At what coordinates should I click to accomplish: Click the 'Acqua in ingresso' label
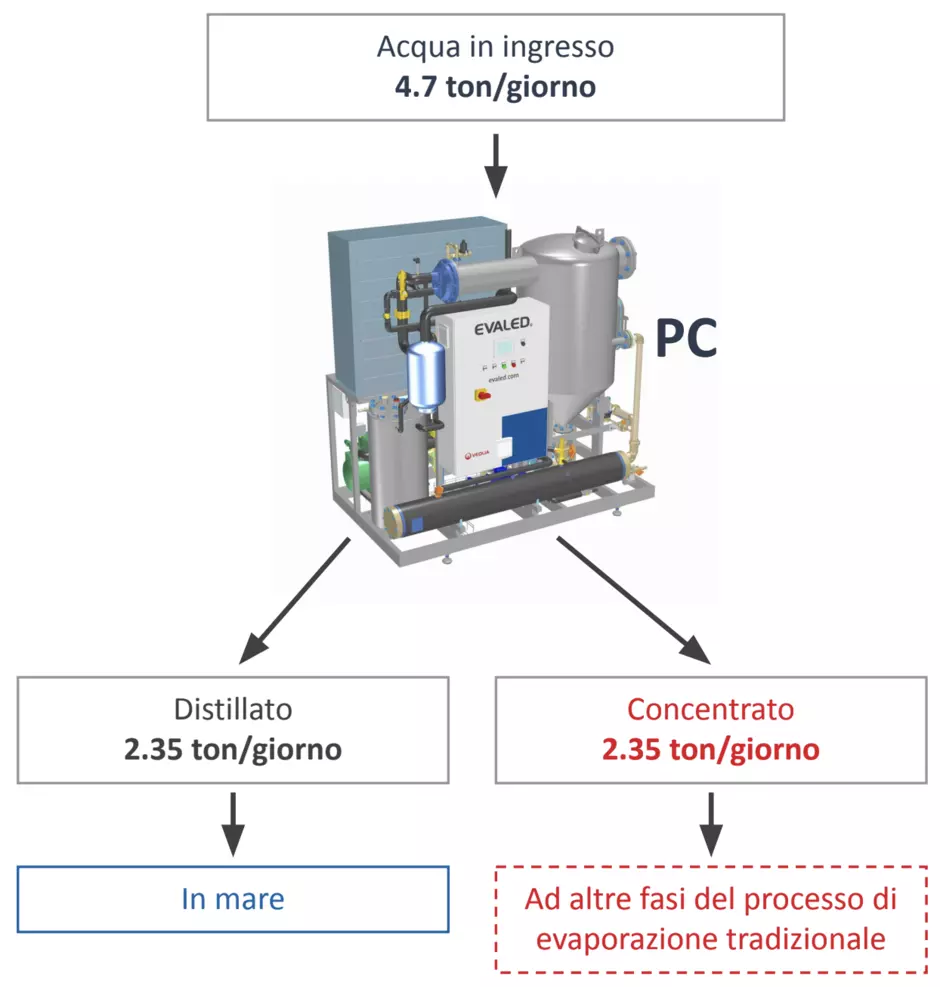495,48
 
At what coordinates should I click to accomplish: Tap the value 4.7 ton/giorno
495,87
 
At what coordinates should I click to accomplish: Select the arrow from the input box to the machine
496,166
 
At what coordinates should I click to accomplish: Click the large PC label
686,338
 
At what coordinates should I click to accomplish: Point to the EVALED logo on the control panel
503,326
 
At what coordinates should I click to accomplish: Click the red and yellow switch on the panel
483,395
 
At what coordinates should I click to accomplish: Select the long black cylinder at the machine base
508,492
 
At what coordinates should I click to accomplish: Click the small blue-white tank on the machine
426,376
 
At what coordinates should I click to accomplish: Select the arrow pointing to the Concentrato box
633,601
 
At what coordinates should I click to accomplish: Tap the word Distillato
233,709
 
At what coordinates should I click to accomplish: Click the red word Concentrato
711,709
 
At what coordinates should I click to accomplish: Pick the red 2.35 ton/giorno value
711,749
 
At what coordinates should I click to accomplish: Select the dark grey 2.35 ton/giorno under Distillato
233,749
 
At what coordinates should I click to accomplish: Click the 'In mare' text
233,899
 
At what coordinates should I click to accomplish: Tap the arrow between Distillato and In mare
233,824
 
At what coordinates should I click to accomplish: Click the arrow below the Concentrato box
711,824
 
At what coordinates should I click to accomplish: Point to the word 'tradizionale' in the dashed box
806,939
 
